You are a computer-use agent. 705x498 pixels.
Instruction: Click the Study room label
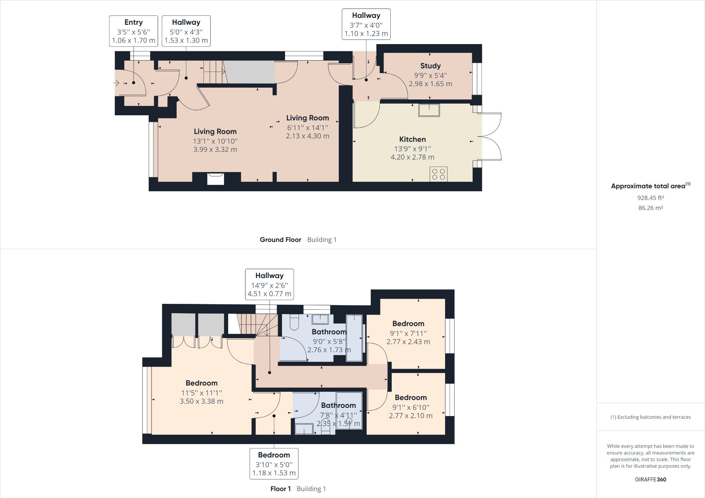[x=430, y=66]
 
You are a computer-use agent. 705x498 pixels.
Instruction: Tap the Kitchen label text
[x=412, y=139]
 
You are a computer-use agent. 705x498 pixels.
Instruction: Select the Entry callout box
[x=134, y=31]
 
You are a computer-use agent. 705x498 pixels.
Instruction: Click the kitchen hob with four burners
[x=439, y=174]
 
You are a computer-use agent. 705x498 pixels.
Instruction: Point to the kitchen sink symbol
[x=429, y=110]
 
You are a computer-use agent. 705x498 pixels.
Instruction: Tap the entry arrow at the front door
[x=116, y=83]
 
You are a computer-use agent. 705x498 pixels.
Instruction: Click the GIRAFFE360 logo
[x=651, y=479]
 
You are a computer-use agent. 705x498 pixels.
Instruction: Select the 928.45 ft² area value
[x=651, y=198]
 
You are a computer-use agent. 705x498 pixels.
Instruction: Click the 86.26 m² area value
[x=651, y=208]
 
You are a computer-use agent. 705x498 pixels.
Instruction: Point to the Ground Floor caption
[x=281, y=240]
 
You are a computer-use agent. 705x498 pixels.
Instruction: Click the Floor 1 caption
[x=281, y=489]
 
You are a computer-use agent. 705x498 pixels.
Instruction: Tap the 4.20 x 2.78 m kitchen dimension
[x=412, y=157]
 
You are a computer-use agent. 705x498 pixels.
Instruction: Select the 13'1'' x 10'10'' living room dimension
[x=215, y=141]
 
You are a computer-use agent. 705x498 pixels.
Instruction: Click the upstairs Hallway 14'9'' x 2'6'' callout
[x=270, y=284]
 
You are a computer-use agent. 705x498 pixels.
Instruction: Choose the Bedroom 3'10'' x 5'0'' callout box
[x=274, y=464]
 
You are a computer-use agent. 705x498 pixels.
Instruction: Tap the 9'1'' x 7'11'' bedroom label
[x=408, y=333]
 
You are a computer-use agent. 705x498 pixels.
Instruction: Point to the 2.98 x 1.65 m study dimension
[x=430, y=84]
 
